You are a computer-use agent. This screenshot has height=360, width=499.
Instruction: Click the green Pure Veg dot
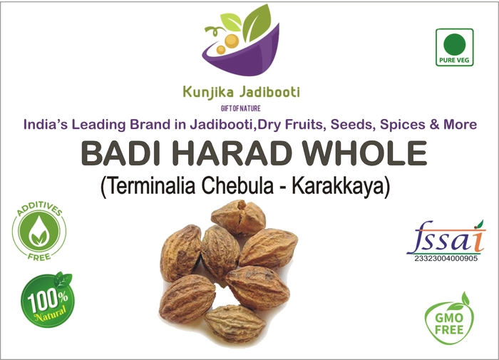(x=455, y=44)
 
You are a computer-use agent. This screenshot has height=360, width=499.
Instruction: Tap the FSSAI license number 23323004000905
(x=446, y=259)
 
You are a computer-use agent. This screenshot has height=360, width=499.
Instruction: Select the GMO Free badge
(x=448, y=319)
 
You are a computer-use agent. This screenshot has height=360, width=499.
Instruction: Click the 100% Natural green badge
(x=47, y=300)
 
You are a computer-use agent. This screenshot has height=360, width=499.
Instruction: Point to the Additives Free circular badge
(x=39, y=231)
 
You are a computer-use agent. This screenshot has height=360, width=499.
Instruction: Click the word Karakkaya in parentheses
(x=341, y=187)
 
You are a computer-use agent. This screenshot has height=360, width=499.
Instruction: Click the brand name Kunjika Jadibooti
(x=241, y=93)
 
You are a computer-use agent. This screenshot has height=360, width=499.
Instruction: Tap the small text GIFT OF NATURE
(x=241, y=108)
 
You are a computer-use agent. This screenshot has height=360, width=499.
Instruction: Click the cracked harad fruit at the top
(x=238, y=217)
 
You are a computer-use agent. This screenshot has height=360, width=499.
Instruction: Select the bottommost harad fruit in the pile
(x=235, y=324)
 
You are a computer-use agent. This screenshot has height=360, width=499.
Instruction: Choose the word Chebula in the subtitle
(x=237, y=187)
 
